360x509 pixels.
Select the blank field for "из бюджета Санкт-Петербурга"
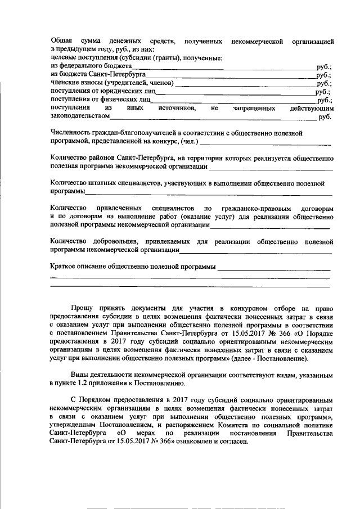[x=231, y=75]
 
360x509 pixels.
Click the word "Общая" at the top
[x=61, y=42]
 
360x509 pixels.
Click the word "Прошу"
[x=82, y=308]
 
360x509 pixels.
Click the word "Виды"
[x=79, y=375]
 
